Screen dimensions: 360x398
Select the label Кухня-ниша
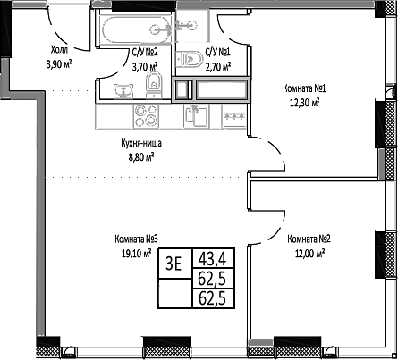140,143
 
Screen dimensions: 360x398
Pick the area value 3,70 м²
145,65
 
